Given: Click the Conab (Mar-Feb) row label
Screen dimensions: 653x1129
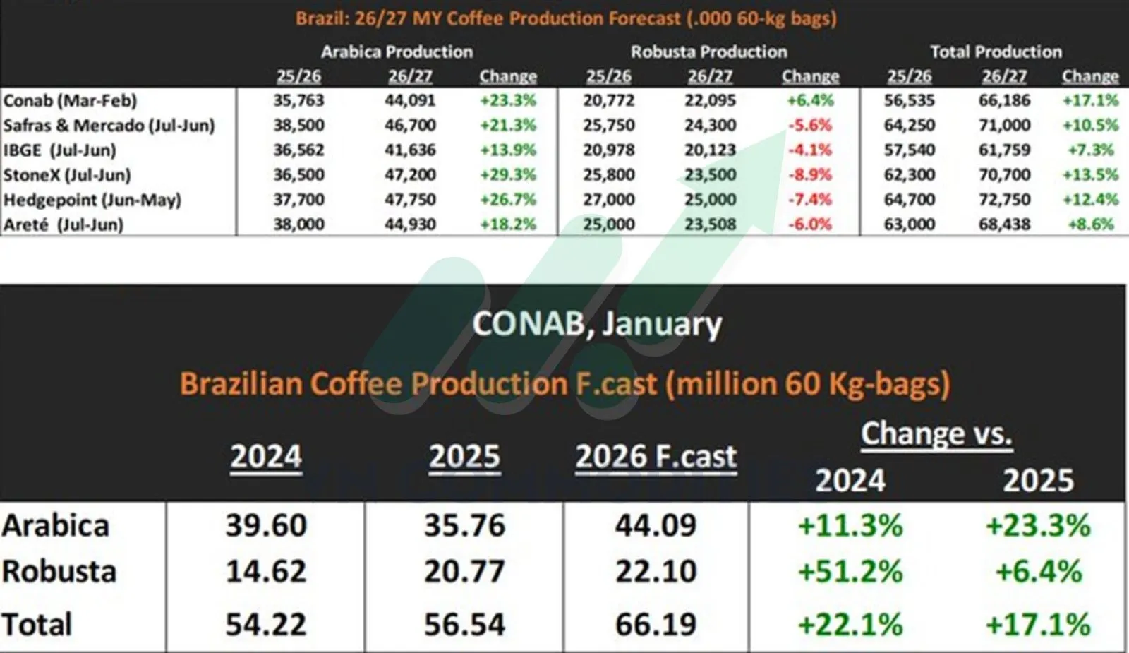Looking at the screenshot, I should pyautogui.click(x=70, y=101).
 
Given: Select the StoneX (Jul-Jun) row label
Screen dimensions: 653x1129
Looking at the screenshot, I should pyautogui.click(x=67, y=175).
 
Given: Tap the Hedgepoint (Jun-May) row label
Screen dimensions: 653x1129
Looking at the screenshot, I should pyautogui.click(x=92, y=200).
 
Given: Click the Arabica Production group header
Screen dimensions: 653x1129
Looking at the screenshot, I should pyautogui.click(x=397, y=52).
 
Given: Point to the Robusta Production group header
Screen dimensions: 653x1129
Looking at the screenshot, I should pyautogui.click(x=708, y=52).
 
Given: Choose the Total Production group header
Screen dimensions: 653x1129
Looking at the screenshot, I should pyautogui.click(x=996, y=52).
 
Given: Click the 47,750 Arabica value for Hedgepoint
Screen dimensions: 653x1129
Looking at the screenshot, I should pyautogui.click(x=410, y=200).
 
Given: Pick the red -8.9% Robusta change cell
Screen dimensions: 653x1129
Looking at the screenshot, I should pyautogui.click(x=810, y=175).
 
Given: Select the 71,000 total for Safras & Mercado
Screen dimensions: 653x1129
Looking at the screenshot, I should pyautogui.click(x=1004, y=126).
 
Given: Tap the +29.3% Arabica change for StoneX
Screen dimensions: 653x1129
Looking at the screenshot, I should pyautogui.click(x=508, y=175).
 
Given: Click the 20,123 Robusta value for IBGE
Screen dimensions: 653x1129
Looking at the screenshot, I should pyautogui.click(x=710, y=150).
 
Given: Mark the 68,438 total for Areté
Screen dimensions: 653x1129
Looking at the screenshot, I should pyautogui.click(x=1004, y=224).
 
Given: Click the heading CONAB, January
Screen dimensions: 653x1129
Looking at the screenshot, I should pyautogui.click(x=597, y=324).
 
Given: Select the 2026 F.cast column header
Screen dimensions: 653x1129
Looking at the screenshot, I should pyautogui.click(x=656, y=457).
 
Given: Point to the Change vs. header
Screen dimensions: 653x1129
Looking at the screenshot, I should pyautogui.click(x=936, y=433).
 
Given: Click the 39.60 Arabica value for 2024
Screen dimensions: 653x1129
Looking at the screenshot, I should pyautogui.click(x=266, y=525).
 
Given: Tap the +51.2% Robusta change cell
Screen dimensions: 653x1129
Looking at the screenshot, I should pyautogui.click(x=850, y=571).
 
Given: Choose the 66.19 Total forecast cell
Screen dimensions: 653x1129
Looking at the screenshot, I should pyautogui.click(x=656, y=624).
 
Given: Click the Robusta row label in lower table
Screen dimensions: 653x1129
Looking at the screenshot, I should pyautogui.click(x=59, y=571).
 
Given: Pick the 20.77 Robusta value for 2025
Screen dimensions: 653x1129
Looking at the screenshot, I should pyautogui.click(x=464, y=571).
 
